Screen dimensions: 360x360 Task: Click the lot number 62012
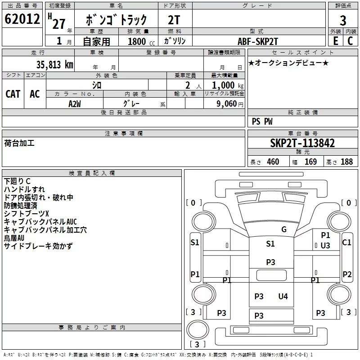tap(21, 20)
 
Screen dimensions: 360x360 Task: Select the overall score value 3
tap(343, 21)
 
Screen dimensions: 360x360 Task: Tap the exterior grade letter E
tap(335, 40)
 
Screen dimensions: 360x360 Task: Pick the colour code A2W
tap(74, 103)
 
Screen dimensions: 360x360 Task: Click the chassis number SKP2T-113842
tap(302, 143)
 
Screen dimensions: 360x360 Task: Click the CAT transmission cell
tap(13, 94)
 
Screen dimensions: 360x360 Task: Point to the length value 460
tap(273, 162)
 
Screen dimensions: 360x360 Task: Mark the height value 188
tap(346, 162)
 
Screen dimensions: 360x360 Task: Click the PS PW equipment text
tap(262, 121)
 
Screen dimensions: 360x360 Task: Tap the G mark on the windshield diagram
tap(283, 229)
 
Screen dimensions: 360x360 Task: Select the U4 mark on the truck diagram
tap(283, 296)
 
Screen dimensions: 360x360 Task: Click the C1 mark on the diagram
tap(346, 242)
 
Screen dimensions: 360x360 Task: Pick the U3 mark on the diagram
tap(325, 245)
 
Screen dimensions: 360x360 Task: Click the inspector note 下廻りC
tap(17, 181)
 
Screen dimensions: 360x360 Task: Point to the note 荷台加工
tap(19, 143)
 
